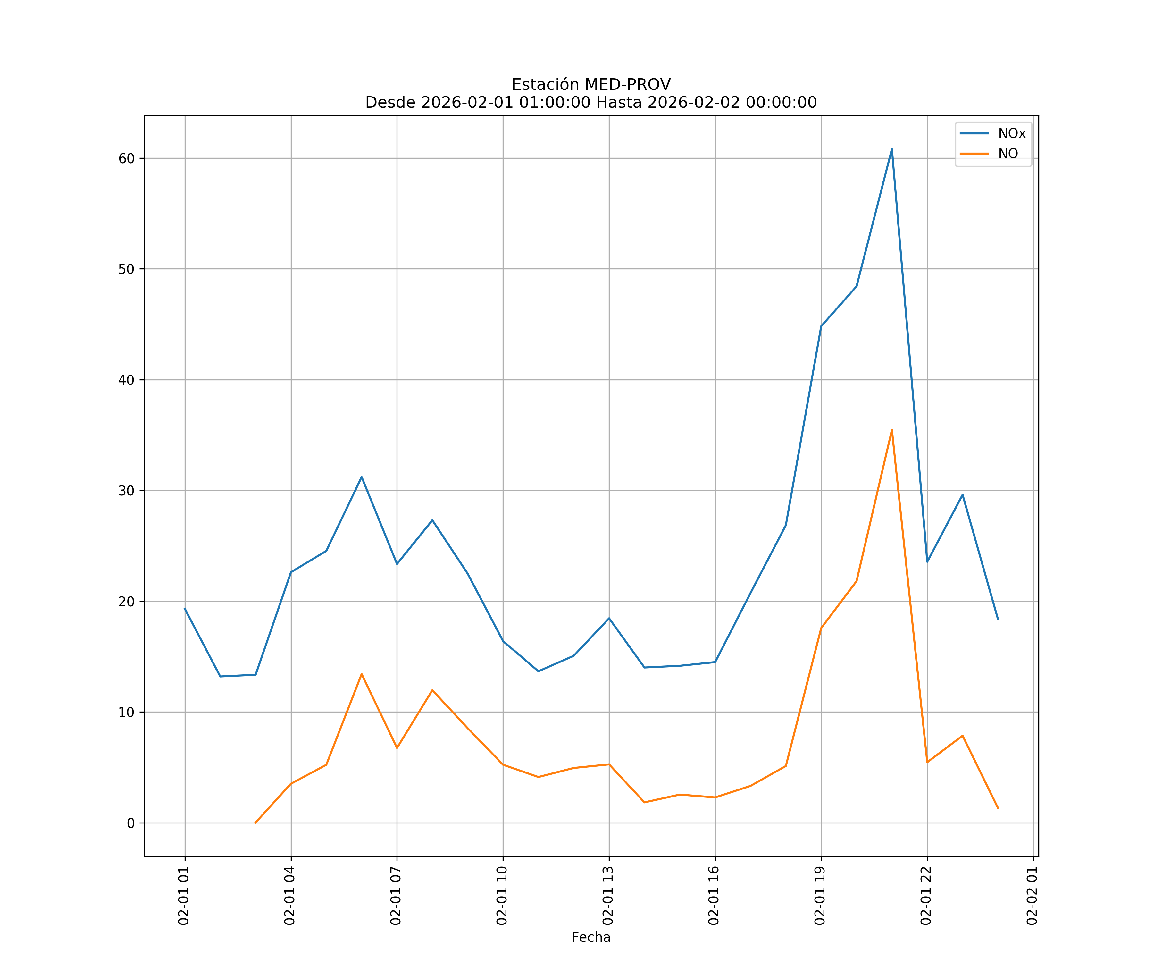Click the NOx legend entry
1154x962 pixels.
(x=1011, y=134)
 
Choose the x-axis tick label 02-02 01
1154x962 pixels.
(x=1033, y=896)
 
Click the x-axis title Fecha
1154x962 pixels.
(x=591, y=937)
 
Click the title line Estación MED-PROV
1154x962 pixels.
(x=591, y=85)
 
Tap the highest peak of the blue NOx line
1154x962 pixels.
(x=891, y=149)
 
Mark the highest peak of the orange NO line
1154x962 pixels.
(x=891, y=430)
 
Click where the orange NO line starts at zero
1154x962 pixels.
(x=255, y=823)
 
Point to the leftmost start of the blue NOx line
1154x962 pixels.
(x=185, y=609)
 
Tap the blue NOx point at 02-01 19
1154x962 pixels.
(x=821, y=326)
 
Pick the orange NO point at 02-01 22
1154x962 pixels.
(x=927, y=762)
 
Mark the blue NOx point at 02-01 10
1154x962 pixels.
(x=503, y=641)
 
